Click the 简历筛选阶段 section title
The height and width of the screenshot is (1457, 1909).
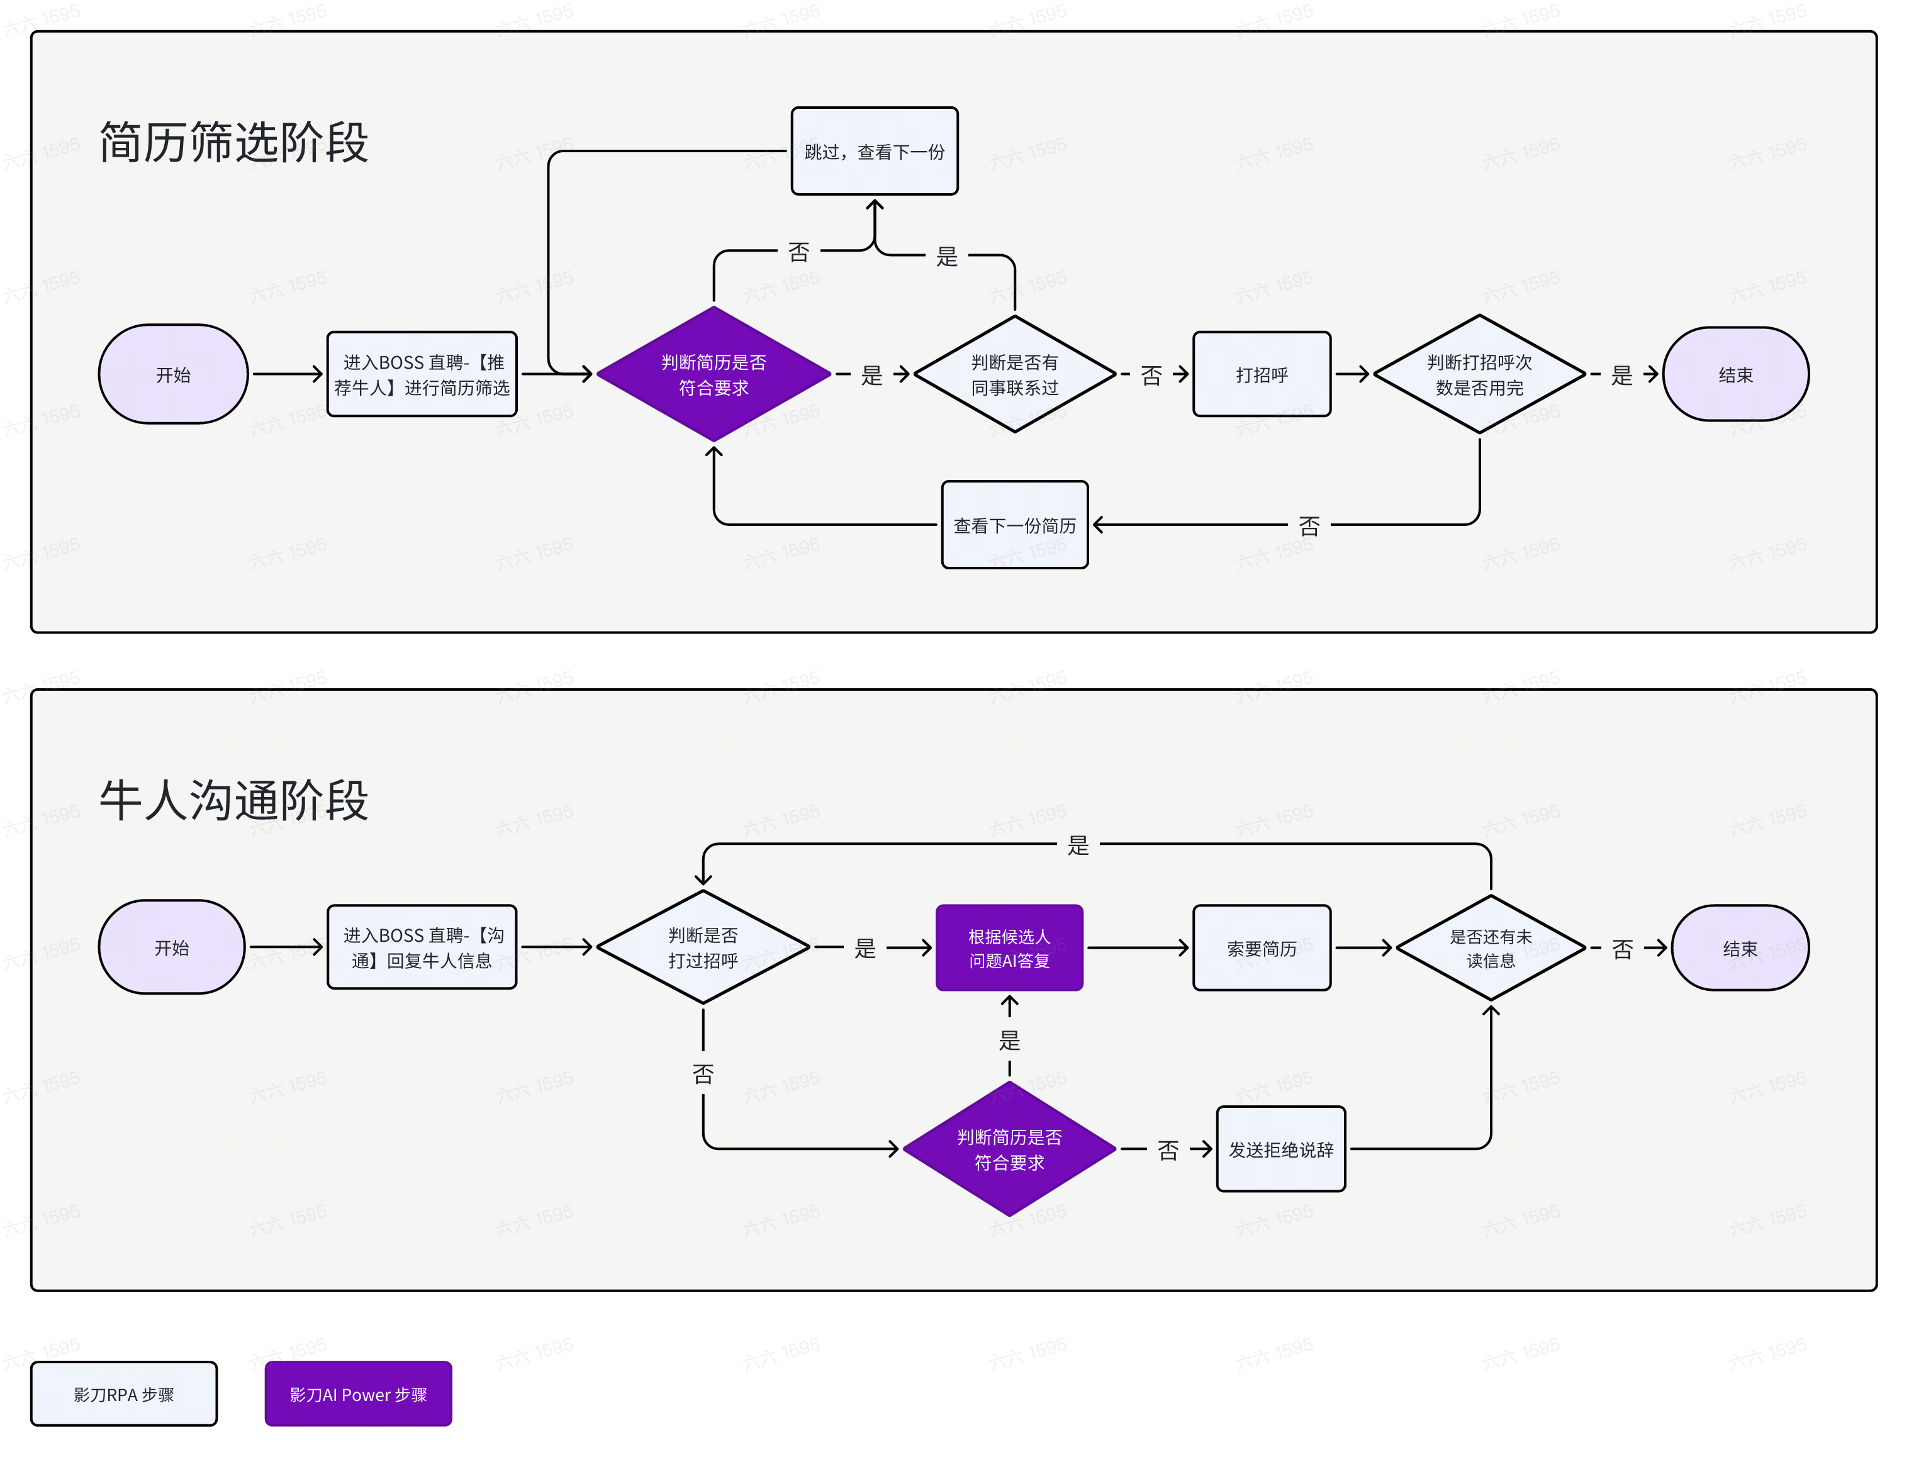(x=233, y=142)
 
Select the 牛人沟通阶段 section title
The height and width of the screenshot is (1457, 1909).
(x=233, y=800)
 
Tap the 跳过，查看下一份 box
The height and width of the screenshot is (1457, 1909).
(x=874, y=151)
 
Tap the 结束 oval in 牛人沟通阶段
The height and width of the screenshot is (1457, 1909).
(x=1739, y=948)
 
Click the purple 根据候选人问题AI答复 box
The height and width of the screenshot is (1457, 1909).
(x=1009, y=948)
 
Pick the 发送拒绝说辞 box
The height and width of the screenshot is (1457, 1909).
(x=1280, y=1149)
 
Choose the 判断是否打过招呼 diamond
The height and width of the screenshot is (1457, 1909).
(x=703, y=947)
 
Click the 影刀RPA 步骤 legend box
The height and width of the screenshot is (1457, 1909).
(x=124, y=1393)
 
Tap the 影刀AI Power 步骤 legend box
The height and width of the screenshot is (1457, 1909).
(x=358, y=1393)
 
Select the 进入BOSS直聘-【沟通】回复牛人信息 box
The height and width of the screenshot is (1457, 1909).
(x=422, y=947)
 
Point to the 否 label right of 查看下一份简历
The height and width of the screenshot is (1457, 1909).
(x=1309, y=525)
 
